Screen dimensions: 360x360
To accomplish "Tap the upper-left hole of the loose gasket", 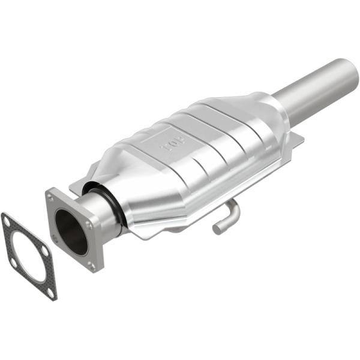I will tap(7, 221).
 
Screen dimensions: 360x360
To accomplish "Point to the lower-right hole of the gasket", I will tap(51, 292).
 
